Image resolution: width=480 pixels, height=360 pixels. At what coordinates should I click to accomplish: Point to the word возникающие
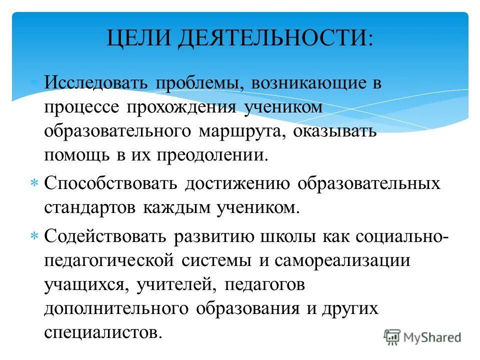[x=290, y=83]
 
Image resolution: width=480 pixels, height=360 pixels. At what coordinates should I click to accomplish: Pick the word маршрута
[x=245, y=130]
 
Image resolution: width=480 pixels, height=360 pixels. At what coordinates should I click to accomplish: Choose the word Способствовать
[x=113, y=183]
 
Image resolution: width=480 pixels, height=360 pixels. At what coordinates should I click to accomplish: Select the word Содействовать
[x=106, y=235]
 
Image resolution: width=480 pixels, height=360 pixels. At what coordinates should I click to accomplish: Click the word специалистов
[x=103, y=332]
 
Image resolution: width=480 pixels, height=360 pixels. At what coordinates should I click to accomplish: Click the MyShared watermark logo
[x=422, y=336]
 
